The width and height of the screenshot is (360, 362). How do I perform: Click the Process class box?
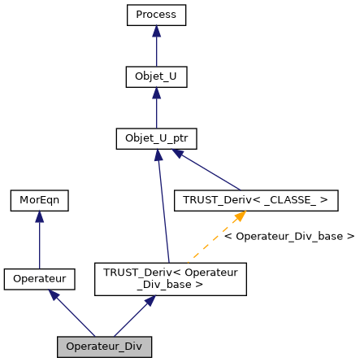pyautogui.click(x=156, y=15)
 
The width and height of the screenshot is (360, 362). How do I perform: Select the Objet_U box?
pyautogui.click(x=156, y=77)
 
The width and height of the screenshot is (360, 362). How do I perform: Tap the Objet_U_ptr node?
pyautogui.click(x=157, y=139)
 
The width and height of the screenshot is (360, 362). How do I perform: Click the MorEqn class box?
pyautogui.click(x=39, y=199)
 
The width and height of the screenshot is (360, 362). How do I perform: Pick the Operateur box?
pyautogui.click(x=39, y=279)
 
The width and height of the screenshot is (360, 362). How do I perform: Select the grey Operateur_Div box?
pyautogui.click(x=104, y=347)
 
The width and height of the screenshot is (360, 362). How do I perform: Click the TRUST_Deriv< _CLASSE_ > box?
pyautogui.click(x=257, y=200)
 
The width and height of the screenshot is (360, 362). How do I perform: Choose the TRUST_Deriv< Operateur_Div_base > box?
pyautogui.click(x=170, y=279)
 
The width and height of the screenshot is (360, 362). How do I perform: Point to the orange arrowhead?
pyautogui.click(x=240, y=216)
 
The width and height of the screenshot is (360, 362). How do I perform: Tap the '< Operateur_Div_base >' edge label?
pyautogui.click(x=288, y=237)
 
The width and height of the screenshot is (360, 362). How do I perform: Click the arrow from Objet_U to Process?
pyautogui.click(x=156, y=49)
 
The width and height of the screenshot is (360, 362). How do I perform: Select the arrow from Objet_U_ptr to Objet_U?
pyautogui.click(x=156, y=111)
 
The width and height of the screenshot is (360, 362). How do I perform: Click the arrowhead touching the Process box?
pyautogui.click(x=156, y=32)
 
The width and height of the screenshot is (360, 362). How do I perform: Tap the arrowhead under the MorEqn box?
pyautogui.click(x=39, y=217)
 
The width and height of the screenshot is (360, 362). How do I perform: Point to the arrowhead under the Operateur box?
pyautogui.click(x=53, y=295)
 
